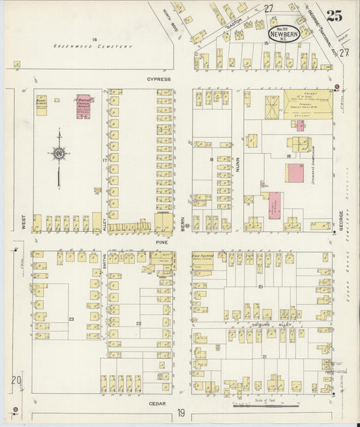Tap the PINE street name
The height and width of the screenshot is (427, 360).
[161, 239]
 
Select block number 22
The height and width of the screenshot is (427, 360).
[138, 324]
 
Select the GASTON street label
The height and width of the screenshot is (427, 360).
[234, 22]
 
